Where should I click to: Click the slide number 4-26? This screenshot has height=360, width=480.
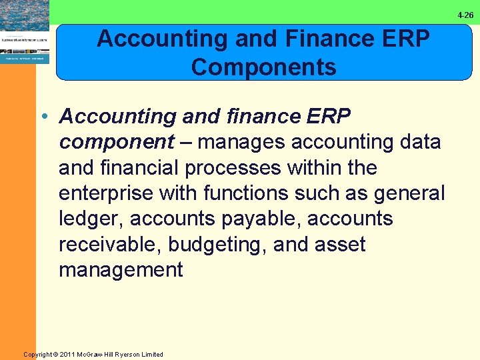click(x=465, y=15)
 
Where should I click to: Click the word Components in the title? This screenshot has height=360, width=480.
click(x=263, y=67)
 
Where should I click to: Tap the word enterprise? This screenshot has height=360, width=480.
click(x=107, y=193)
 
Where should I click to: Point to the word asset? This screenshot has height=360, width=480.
click(x=339, y=244)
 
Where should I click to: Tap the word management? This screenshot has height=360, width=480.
click(x=121, y=269)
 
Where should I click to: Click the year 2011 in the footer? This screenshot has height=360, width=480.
click(x=67, y=354)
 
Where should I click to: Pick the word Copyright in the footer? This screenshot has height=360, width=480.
click(x=38, y=354)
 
